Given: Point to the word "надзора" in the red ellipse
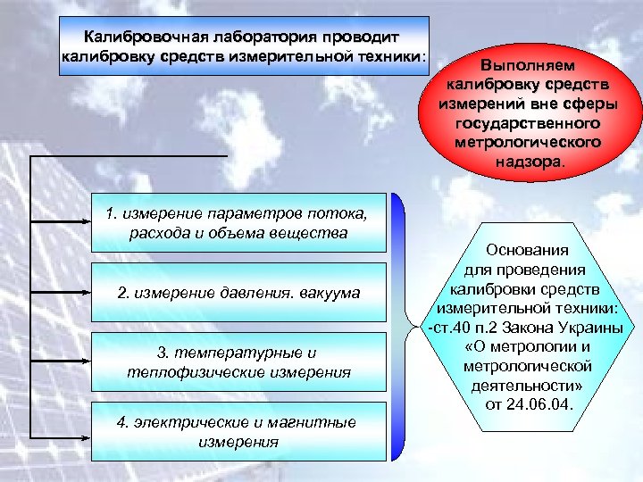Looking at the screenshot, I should point(528,163).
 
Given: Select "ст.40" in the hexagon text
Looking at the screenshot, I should point(448,328).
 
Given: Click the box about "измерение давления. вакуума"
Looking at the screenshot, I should point(238,292).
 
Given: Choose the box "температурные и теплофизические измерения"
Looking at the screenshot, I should point(238,361).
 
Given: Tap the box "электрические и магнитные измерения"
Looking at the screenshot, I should point(238,431).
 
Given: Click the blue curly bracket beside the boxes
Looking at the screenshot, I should point(403,326).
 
